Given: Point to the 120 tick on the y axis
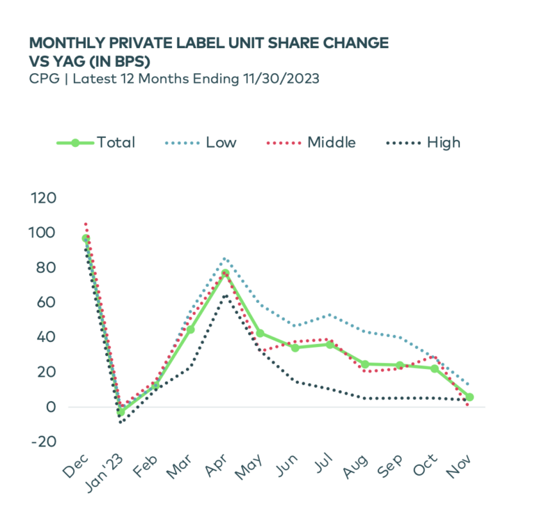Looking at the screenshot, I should [x=42, y=198].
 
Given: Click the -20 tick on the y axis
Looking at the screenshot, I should [x=42, y=442].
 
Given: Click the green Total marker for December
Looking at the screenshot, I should [x=86, y=238].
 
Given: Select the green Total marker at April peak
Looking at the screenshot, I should [x=225, y=273].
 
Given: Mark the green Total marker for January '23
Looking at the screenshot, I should [x=121, y=412].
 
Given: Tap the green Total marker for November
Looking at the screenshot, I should [x=470, y=397].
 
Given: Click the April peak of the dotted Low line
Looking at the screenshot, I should [x=225, y=258].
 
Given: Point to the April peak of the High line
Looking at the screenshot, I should [x=225, y=295].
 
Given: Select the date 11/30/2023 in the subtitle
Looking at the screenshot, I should [x=279, y=79].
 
